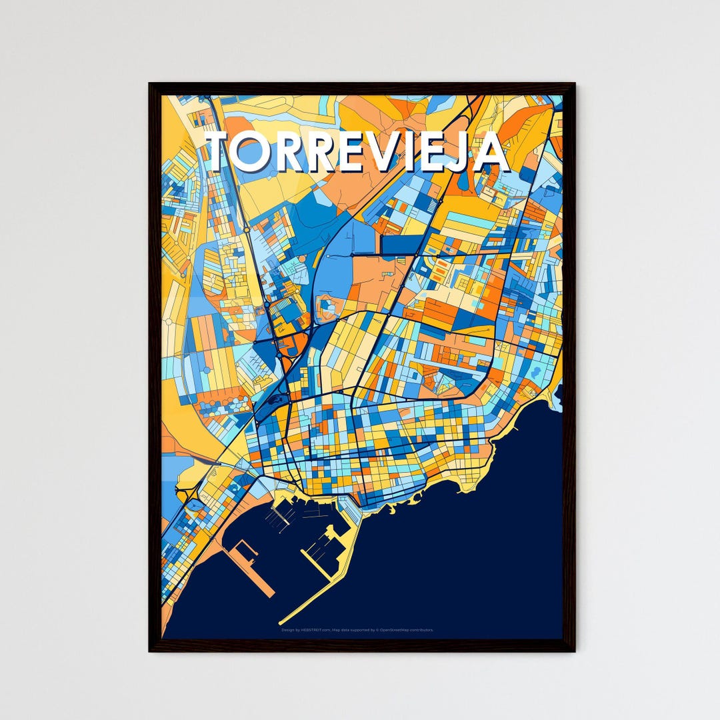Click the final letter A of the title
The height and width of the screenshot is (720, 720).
(x=490, y=152)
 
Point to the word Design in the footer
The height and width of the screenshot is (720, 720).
(x=287, y=629)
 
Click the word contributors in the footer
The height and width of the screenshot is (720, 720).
(x=424, y=629)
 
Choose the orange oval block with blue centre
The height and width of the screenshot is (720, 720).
(x=328, y=306)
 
